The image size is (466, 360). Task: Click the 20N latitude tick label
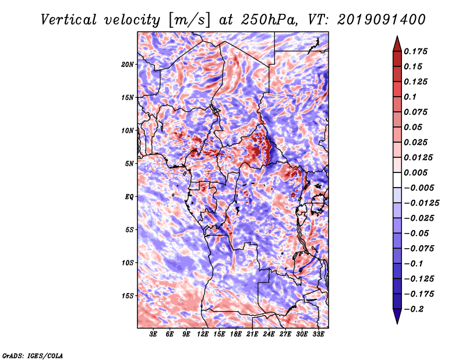127,64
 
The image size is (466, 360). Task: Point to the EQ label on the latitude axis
129,196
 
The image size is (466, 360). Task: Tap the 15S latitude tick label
128,295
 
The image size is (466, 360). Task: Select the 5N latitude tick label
129,164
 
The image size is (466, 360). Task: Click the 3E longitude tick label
153,334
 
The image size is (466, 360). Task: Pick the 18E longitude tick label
236,334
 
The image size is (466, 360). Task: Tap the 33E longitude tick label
318,334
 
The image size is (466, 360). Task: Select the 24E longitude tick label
269,334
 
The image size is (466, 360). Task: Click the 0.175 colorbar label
415,51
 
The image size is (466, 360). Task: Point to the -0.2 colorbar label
414,309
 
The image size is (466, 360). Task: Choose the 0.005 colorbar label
415,172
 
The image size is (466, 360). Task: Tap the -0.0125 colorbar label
421,203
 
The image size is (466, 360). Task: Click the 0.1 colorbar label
410,97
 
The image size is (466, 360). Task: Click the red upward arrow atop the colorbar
397,44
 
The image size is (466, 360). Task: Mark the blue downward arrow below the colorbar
397,316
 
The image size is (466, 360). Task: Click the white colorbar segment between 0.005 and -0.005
397,180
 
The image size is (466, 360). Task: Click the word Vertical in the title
69,20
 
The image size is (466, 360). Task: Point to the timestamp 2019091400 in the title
382,20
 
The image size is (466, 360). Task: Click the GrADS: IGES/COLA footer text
33,355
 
